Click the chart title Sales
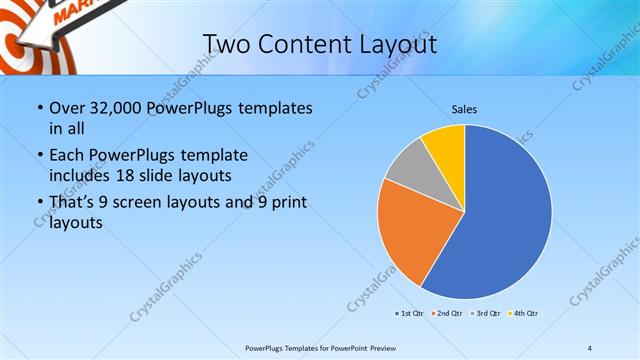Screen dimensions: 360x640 click(464, 108)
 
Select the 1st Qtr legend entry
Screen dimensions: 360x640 click(411, 314)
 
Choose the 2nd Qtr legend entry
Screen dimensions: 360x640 click(448, 314)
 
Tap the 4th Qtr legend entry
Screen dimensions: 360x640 click(524, 314)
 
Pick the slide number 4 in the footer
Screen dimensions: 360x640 click(590, 347)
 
